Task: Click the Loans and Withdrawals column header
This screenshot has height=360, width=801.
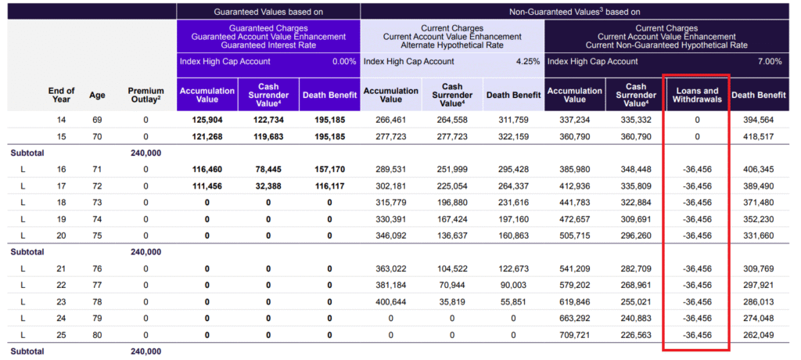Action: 697,95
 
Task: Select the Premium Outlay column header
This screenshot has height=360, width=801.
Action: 145,95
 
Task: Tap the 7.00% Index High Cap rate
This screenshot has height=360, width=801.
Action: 770,61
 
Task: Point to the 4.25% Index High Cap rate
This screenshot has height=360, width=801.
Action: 528,61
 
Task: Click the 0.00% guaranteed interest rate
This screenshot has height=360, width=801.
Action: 344,61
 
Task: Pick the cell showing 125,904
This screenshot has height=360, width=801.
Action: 207,121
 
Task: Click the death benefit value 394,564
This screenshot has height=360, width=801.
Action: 759,121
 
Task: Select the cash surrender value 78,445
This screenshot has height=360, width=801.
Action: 269,169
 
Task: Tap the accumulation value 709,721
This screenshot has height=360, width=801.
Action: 575,335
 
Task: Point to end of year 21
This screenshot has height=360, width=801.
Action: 62,268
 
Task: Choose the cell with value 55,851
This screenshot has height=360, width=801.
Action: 513,302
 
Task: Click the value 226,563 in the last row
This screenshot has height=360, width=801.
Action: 636,335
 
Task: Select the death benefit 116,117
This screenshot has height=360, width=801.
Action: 329,186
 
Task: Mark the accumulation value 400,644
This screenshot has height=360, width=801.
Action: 391,302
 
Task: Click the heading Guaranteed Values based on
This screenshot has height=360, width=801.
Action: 268,11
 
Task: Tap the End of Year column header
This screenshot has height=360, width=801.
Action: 62,95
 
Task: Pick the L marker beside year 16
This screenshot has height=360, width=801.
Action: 23,169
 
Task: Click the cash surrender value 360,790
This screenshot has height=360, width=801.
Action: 636,137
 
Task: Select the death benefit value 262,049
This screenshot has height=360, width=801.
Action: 759,335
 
